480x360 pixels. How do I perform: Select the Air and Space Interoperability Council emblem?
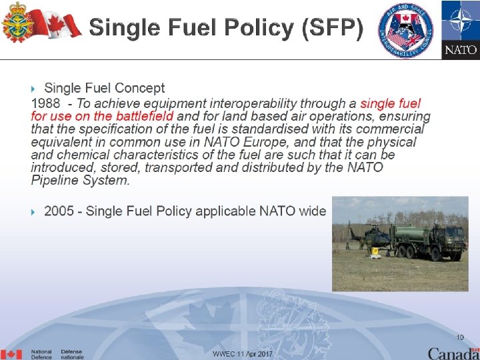[x=405, y=29]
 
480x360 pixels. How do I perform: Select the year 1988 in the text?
[x=46, y=103]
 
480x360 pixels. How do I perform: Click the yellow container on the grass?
[x=376, y=252]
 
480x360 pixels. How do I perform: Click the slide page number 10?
[x=460, y=337]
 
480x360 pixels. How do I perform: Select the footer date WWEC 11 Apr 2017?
[x=243, y=353]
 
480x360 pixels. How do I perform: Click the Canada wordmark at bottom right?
[x=453, y=353]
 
